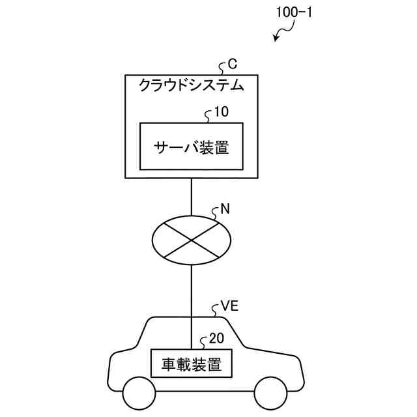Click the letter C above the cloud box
[x=232, y=65]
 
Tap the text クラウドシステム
[x=191, y=85]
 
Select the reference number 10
[x=222, y=112]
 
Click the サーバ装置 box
[x=192, y=146]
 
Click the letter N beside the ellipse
[x=225, y=209]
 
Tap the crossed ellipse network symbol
[x=192, y=240]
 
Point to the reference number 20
[x=216, y=339]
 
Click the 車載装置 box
[x=192, y=364]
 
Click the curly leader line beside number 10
[x=208, y=116]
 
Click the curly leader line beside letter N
[x=215, y=214]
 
